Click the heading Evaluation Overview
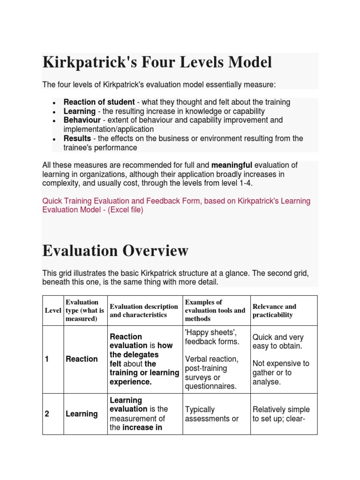(115, 251)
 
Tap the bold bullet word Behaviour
(82, 120)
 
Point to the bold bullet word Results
(77, 138)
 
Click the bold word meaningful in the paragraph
(232, 165)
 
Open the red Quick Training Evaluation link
(176, 201)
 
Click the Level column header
(53, 311)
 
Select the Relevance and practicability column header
(274, 310)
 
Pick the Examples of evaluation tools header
(215, 310)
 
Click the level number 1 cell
(47, 359)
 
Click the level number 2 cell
(47, 414)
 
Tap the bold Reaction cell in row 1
(82, 359)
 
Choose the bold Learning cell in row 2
(82, 414)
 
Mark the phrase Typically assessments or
(211, 414)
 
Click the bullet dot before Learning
(55, 112)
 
